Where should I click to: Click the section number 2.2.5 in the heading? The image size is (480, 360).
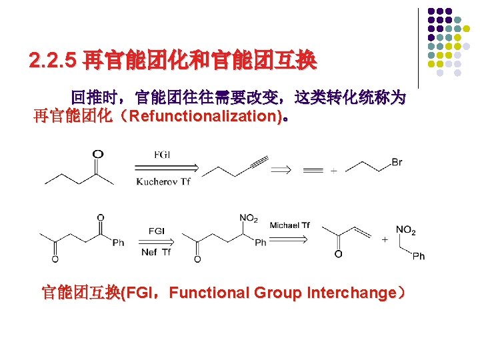click(53, 62)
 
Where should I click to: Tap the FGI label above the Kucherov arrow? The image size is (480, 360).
click(162, 154)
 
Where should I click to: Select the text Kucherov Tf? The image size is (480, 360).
click(163, 182)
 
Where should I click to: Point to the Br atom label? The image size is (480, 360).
click(397, 163)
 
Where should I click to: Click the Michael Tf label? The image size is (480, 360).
click(289, 225)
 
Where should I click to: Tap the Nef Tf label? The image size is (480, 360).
click(156, 252)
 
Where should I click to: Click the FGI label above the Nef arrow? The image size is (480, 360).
click(157, 231)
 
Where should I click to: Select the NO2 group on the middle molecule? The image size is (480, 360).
click(249, 218)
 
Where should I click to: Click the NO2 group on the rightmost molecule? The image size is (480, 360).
click(405, 231)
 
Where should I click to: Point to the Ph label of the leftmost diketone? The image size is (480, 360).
click(118, 243)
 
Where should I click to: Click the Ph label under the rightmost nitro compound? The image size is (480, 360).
click(418, 256)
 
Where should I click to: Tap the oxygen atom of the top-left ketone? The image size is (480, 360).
click(98, 154)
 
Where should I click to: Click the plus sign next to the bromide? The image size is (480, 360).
click(333, 171)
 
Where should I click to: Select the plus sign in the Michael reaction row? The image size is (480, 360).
click(385, 240)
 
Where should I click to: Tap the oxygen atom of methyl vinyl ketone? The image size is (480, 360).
click(338, 254)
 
